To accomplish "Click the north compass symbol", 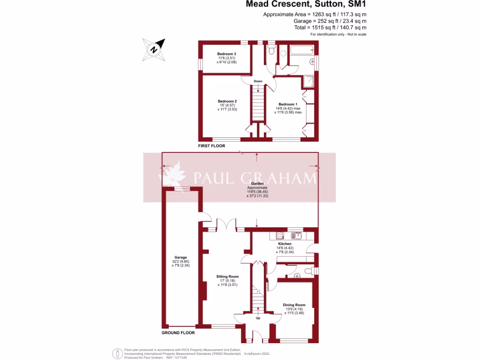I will pyautogui.click(x=156, y=49).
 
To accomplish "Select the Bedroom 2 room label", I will pyautogui.click(x=227, y=101).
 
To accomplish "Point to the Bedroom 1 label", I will pyautogui.click(x=287, y=104).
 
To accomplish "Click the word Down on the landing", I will pyautogui.click(x=258, y=81).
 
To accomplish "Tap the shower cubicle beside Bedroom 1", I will pyautogui.click(x=309, y=82).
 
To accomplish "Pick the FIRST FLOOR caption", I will pyautogui.click(x=211, y=146).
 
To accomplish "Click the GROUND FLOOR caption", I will pyautogui.click(x=178, y=333).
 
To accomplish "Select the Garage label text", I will pyautogui.click(x=181, y=257).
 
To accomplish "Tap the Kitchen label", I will pyautogui.click(x=285, y=244).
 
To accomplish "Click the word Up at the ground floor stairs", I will pyautogui.click(x=258, y=318).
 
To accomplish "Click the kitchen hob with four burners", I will pyautogui.click(x=280, y=235).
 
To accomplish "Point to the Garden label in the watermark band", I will pyautogui.click(x=257, y=183).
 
